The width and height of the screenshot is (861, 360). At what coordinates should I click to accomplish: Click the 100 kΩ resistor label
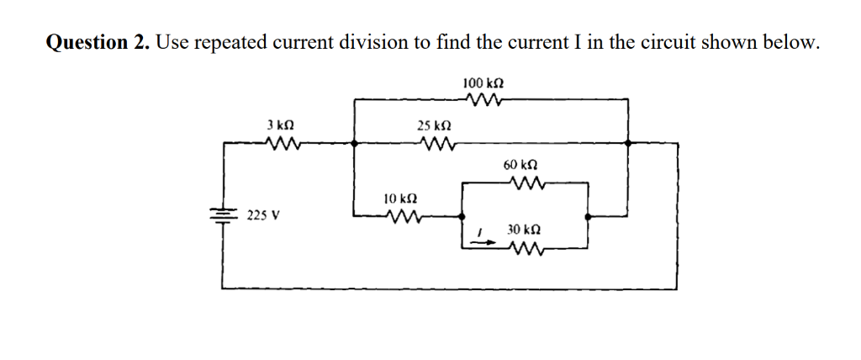tap(483, 83)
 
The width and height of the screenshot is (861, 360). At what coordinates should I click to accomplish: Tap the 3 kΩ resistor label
tap(280, 124)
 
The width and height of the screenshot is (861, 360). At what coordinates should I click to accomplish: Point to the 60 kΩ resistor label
tap(521, 165)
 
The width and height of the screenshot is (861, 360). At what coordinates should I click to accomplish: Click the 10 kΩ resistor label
tap(400, 199)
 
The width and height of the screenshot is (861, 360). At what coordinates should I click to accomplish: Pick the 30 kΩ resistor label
tap(524, 230)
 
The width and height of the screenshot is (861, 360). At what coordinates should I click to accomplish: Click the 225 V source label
tap(263, 215)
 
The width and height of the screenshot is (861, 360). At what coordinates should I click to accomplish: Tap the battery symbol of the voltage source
tap(223, 214)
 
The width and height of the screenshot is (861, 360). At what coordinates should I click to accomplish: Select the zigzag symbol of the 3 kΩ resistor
tap(280, 142)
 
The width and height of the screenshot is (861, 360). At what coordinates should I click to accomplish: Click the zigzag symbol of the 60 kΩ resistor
tap(528, 182)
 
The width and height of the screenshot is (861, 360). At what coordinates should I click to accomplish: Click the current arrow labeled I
tap(481, 241)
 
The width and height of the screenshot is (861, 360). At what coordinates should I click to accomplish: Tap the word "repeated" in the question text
tap(226, 43)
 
